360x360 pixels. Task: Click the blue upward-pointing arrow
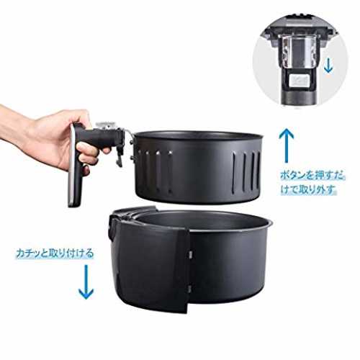tap(286, 145)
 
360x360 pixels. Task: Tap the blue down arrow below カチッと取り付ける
tap(86, 282)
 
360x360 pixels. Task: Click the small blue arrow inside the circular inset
tap(328, 66)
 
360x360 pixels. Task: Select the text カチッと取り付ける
tap(55, 253)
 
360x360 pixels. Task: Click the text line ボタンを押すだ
tap(312, 175)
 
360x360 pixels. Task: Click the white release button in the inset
tap(299, 80)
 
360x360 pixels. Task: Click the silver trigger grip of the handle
tap(75, 166)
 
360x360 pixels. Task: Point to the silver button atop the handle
tap(107, 125)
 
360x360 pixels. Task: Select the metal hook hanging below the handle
tap(119, 158)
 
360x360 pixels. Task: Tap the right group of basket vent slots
tap(246, 171)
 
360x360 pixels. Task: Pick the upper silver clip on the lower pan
tap(189, 254)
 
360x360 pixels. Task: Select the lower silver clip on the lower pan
tap(189, 289)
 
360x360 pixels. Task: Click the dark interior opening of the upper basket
tap(198, 136)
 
